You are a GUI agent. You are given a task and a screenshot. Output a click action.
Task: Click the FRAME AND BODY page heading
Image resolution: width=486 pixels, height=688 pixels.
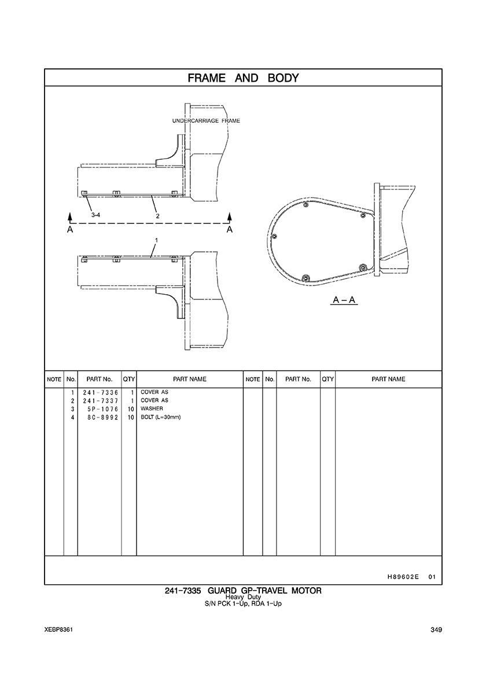[x=243, y=78]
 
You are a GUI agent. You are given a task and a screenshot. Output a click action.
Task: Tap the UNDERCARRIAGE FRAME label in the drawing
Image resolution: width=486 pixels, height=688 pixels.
[x=206, y=120]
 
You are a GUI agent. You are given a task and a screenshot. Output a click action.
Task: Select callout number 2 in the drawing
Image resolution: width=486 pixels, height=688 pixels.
[x=157, y=215]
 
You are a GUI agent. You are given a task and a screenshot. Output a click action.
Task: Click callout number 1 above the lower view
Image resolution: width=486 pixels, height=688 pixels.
[x=156, y=240]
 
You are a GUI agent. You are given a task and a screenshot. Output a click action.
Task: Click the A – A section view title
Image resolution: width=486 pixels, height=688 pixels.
[x=344, y=301]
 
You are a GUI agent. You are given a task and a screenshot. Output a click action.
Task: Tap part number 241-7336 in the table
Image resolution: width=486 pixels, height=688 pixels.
[x=101, y=392]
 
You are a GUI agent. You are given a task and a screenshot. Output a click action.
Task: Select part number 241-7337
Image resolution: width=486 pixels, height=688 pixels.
[x=101, y=401]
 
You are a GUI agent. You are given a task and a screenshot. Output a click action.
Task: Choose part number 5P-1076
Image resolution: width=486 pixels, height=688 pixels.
[x=103, y=409]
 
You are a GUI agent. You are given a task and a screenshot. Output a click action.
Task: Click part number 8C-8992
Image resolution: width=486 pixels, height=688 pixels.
[x=103, y=418]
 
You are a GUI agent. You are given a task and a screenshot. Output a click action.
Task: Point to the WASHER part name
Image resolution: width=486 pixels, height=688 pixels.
[x=152, y=408]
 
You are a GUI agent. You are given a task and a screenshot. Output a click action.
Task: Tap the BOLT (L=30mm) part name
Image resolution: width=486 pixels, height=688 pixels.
[x=161, y=417]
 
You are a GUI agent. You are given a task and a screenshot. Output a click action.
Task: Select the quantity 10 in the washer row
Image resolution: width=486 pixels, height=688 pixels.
[x=131, y=409]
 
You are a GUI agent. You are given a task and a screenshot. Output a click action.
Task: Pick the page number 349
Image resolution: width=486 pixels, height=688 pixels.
[x=436, y=630]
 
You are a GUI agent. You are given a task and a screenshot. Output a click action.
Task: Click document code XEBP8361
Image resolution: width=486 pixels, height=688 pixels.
[x=58, y=630]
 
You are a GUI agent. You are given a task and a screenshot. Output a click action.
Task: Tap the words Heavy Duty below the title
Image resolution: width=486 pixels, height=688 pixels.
[x=243, y=597]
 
